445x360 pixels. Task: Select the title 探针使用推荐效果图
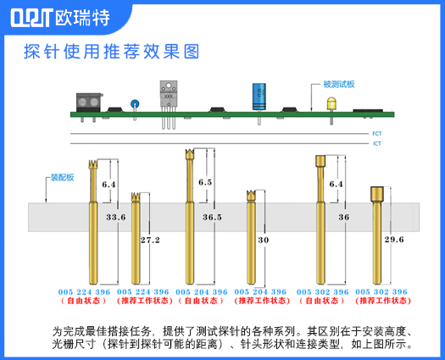(111, 52)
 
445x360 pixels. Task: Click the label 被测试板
(338, 85)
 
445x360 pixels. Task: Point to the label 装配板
(62, 177)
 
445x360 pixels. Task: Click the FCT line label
(376, 134)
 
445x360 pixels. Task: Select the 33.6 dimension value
(115, 218)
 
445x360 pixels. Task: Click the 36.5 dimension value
(212, 218)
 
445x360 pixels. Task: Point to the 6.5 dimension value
(205, 182)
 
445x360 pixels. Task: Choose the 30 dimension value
(263, 240)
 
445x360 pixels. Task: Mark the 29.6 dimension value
(394, 240)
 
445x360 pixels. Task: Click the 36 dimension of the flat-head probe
(343, 218)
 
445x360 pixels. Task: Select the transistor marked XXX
(169, 94)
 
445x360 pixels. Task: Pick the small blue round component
(134, 104)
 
